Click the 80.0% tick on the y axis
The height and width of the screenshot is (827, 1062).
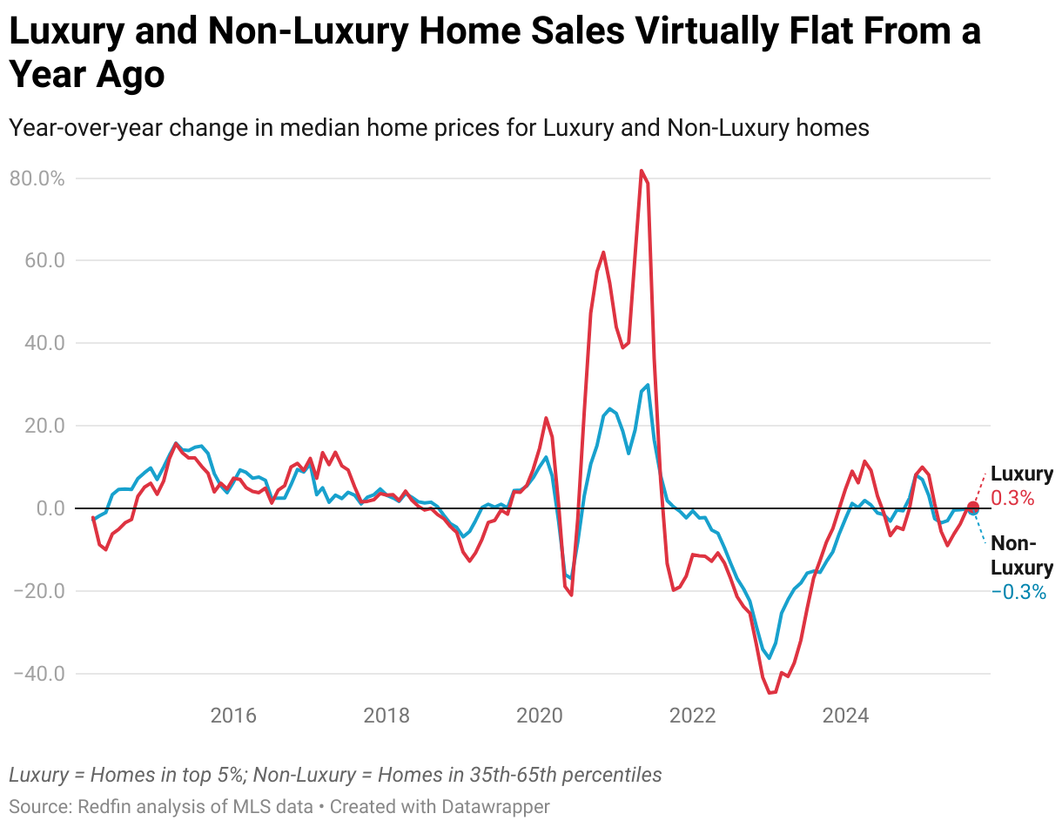tap(37, 178)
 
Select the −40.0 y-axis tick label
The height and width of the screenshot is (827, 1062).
tap(38, 674)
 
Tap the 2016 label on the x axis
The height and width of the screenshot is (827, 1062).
tap(233, 716)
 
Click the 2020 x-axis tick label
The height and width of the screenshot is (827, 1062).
tap(540, 716)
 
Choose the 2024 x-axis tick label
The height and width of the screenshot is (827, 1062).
tap(845, 716)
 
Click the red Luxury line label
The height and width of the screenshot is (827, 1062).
tap(1022, 474)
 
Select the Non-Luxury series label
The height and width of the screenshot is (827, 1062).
tap(1022, 555)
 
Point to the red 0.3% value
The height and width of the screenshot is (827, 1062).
tap(1012, 499)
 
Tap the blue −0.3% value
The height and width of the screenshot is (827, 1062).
tap(1018, 593)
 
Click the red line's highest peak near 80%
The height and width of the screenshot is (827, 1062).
tap(642, 171)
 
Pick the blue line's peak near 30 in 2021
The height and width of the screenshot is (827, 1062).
tap(648, 385)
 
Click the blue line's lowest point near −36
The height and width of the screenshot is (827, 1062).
tap(769, 657)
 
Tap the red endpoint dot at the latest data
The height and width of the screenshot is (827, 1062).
tap(973, 508)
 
